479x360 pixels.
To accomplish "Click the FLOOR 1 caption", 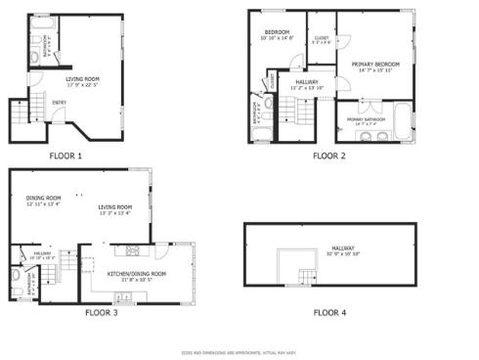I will [x=65, y=156].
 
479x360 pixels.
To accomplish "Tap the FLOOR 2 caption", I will [x=328, y=156].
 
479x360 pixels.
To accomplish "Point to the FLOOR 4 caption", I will [x=328, y=313].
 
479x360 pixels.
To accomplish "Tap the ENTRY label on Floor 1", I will [x=60, y=102].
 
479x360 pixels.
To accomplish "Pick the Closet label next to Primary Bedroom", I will [x=320, y=38].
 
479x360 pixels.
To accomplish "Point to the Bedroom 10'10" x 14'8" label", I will [x=279, y=35].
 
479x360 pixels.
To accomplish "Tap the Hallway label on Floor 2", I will [x=307, y=83].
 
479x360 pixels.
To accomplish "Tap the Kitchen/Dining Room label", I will [x=136, y=274].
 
